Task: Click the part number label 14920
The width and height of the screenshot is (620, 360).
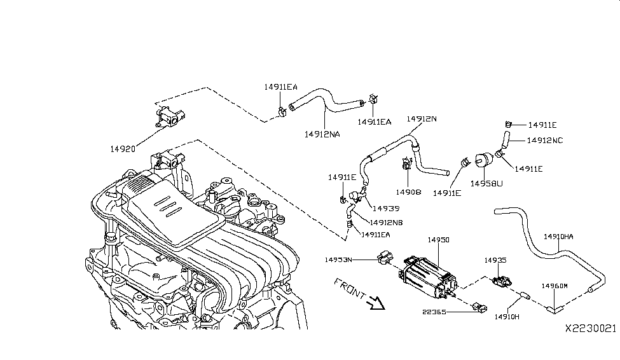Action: point(122,149)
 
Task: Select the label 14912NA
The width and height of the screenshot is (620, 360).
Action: point(322,134)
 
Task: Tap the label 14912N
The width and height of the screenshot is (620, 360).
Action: point(422,119)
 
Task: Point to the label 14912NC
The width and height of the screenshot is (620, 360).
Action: point(545,140)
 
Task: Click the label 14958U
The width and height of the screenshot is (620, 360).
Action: point(486,183)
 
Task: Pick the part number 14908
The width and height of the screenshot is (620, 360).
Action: point(408,191)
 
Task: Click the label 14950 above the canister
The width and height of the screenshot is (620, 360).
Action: point(438,240)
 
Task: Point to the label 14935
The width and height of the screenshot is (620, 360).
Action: point(495,260)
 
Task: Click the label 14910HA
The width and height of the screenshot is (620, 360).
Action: point(558,237)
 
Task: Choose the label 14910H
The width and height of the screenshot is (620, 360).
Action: point(507,316)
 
